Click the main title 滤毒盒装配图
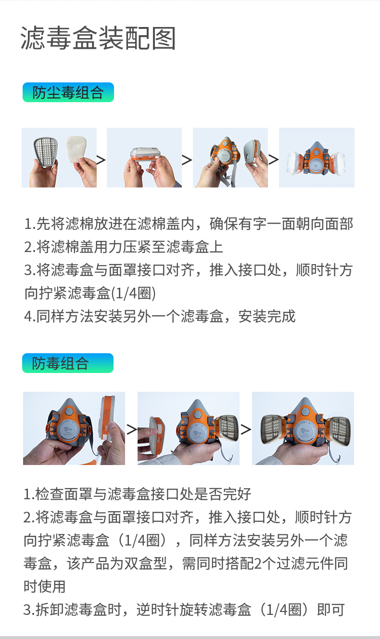(x=98, y=38)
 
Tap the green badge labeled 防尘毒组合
(x=68, y=92)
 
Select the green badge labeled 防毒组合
(x=68, y=363)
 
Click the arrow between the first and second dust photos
(x=101, y=160)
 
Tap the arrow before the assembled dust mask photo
(x=273, y=160)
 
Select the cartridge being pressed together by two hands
(x=144, y=155)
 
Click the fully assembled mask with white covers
(x=317, y=159)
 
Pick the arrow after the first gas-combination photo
(x=131, y=429)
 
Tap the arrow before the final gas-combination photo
(x=246, y=429)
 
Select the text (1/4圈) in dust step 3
(x=133, y=293)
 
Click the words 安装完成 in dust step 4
(x=267, y=316)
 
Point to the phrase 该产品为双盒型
(x=117, y=564)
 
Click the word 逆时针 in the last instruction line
(x=158, y=610)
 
